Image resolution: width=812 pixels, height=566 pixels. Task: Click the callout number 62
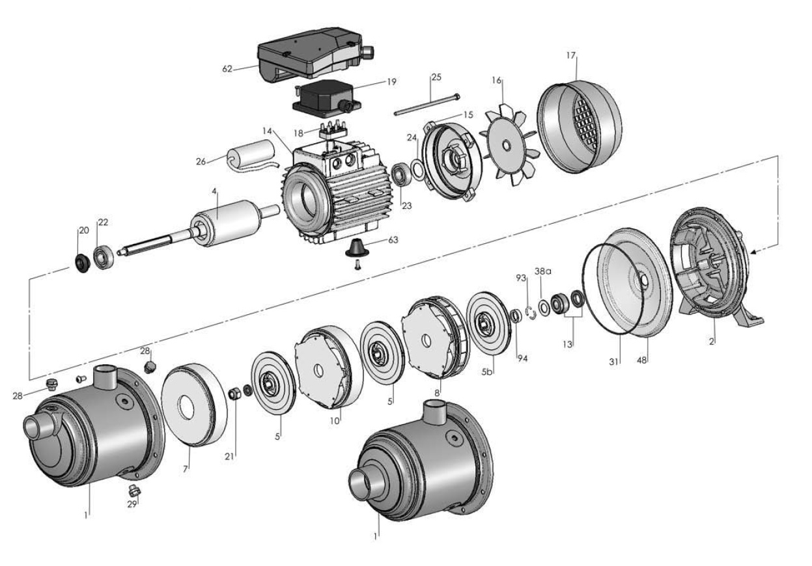tap(227, 67)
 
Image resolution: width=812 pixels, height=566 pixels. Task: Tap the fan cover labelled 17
tap(579, 127)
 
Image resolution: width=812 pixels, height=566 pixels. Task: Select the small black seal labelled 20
tap(83, 263)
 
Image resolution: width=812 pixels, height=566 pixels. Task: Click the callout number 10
tap(335, 421)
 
